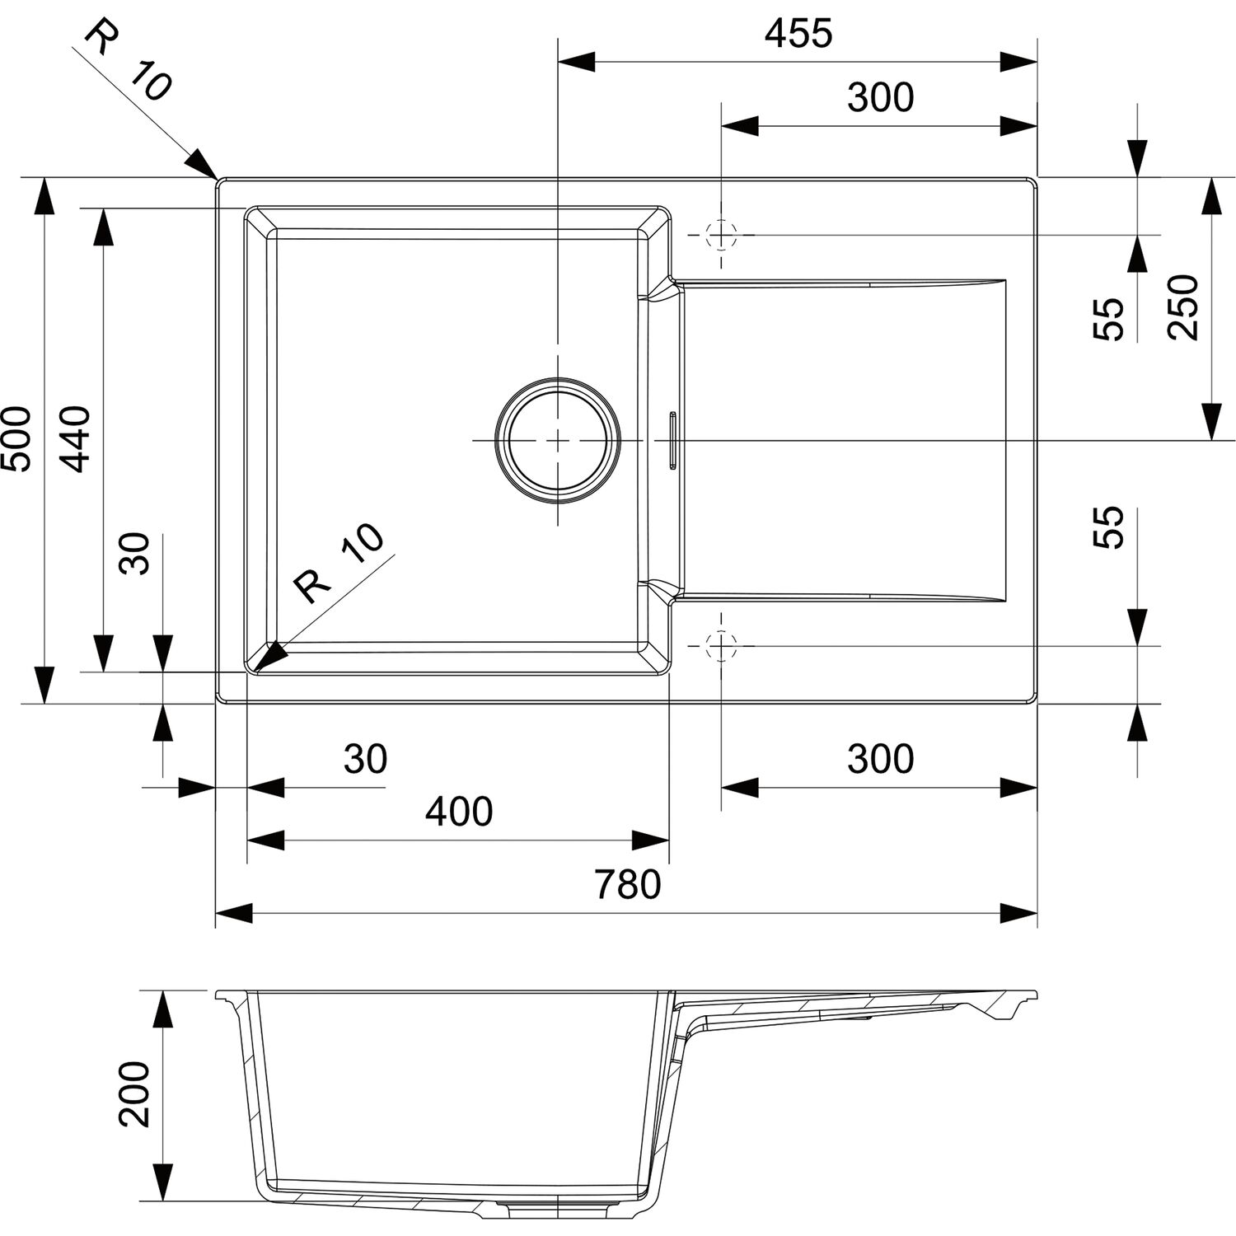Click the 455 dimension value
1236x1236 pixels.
(798, 34)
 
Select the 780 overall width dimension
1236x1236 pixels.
(628, 885)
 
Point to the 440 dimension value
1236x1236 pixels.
(77, 438)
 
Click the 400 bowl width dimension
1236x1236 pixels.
(459, 812)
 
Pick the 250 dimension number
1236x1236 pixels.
(1183, 307)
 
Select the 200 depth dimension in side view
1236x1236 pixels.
(134, 1093)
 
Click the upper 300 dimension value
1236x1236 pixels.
(881, 98)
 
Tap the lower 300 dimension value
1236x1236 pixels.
(881, 759)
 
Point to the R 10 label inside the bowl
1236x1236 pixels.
(340, 563)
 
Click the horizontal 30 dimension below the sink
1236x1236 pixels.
(365, 759)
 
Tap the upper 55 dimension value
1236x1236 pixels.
(1109, 319)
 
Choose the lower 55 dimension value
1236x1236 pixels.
(1109, 528)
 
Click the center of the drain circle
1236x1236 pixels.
(558, 440)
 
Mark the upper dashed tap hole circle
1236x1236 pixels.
(721, 235)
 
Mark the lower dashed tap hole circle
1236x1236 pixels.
(721, 646)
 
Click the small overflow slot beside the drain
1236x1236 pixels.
(673, 440)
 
